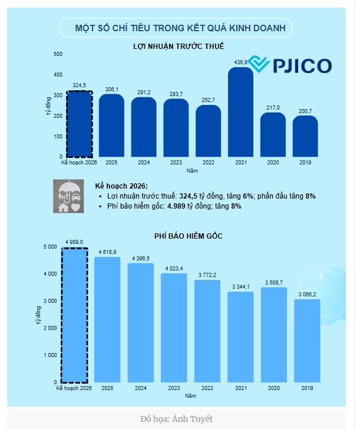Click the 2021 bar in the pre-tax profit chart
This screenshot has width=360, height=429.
[x=240, y=112]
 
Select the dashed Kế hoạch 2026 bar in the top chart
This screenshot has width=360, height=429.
[x=80, y=124]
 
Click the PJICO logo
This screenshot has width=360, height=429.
[x=290, y=65]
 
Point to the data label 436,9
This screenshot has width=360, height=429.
[x=241, y=62]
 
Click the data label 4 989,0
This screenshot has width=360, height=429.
[x=74, y=242]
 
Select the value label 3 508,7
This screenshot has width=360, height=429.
[x=273, y=283]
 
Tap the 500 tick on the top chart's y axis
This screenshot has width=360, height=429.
[x=58, y=54]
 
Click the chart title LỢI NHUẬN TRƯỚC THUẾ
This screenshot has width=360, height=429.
[x=179, y=46]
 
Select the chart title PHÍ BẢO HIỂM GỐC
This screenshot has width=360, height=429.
[x=188, y=236]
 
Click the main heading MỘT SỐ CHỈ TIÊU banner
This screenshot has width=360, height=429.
[x=176, y=28]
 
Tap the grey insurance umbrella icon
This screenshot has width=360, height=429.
[x=69, y=196]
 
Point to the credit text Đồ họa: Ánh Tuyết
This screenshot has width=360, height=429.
[x=176, y=419]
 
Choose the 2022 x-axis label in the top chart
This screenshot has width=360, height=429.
[x=208, y=162]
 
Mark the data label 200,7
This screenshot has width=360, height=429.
[x=305, y=111]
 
